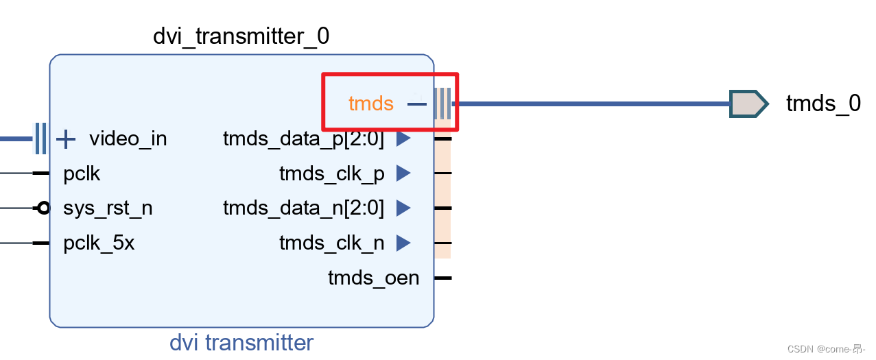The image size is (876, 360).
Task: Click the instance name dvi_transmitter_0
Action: pos(241,36)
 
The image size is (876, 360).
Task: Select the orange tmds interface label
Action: pos(370,104)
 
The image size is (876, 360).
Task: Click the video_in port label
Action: pos(128,139)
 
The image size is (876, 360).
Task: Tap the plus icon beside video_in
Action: pos(66,139)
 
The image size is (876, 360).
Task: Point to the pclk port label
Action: pos(82,174)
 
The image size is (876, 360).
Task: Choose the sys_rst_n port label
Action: pos(108,208)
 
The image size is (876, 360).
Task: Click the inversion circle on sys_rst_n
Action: pos(43,208)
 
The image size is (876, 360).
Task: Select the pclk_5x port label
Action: pos(99,243)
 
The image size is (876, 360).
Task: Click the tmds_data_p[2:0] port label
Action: pos(304,139)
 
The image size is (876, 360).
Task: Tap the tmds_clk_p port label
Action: pos(332,174)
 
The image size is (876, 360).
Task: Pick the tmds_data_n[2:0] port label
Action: pos(304,208)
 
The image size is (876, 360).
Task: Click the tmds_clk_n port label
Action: pos(332,243)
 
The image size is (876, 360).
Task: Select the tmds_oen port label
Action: pos(374,278)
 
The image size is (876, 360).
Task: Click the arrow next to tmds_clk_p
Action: pos(403,173)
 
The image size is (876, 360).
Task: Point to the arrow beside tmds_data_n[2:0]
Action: pos(403,208)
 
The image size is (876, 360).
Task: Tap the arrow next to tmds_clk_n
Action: pos(403,243)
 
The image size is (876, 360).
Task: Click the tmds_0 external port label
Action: pos(822,104)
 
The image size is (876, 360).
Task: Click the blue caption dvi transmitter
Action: pos(241,342)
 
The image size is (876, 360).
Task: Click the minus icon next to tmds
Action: pos(416,104)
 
